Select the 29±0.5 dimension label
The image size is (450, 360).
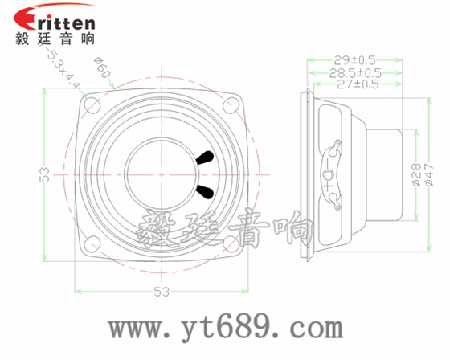(x=354, y=59)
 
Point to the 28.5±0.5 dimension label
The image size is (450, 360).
(x=354, y=72)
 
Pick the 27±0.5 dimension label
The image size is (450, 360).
(x=354, y=84)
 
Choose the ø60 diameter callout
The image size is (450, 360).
(x=102, y=69)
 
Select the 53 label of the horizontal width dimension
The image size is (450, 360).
(x=162, y=291)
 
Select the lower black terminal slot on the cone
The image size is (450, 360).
(x=205, y=190)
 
